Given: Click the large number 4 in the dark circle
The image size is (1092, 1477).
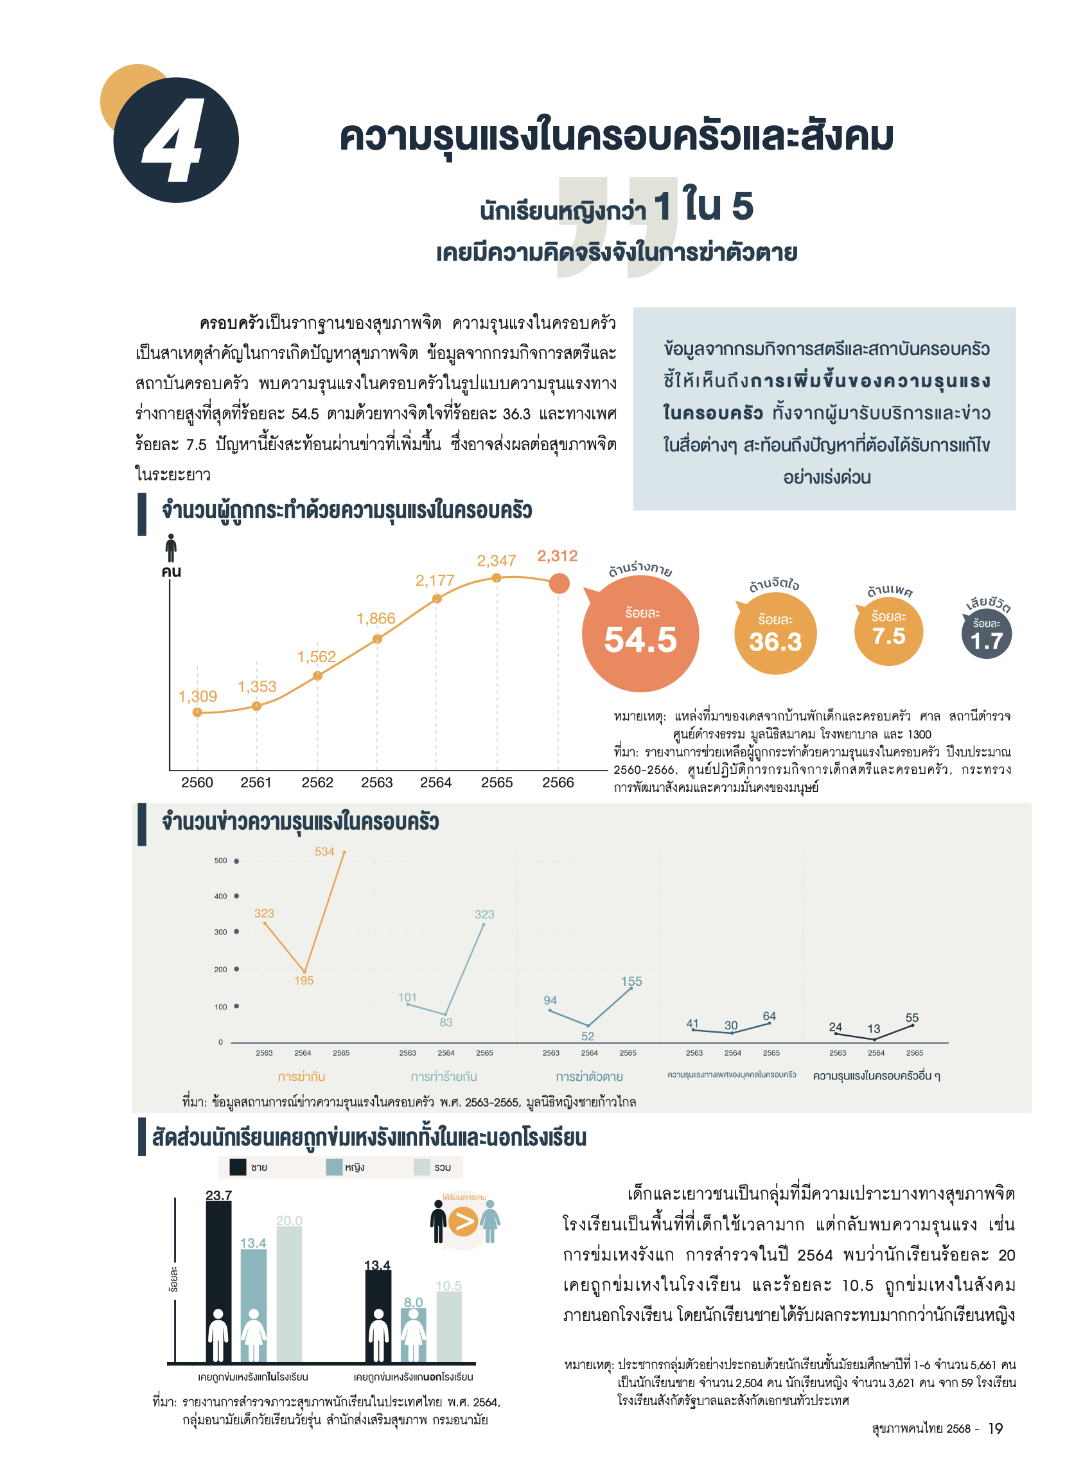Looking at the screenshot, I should [x=173, y=141].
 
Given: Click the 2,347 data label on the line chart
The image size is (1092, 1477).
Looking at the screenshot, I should [x=496, y=561].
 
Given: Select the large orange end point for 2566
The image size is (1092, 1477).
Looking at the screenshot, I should [x=559, y=584].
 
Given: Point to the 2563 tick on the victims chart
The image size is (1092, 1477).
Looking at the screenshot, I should [x=377, y=782].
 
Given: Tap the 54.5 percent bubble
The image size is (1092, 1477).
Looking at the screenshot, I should [x=640, y=634].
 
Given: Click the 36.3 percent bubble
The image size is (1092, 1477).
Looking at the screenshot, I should [x=775, y=634].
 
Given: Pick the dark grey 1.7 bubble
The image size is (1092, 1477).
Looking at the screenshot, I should [x=986, y=635].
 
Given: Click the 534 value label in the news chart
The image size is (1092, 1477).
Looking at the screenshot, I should [x=324, y=852].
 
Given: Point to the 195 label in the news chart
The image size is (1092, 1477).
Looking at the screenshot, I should [x=303, y=981].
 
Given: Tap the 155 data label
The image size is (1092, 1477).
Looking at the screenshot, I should [x=631, y=981].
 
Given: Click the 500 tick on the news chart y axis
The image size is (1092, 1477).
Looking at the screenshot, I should [x=221, y=861].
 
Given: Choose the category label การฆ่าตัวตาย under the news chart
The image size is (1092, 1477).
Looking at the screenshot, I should [x=589, y=1076].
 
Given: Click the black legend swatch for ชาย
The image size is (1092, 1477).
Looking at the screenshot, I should [x=237, y=1167].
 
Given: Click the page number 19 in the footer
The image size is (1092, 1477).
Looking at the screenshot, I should [x=995, y=1429].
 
